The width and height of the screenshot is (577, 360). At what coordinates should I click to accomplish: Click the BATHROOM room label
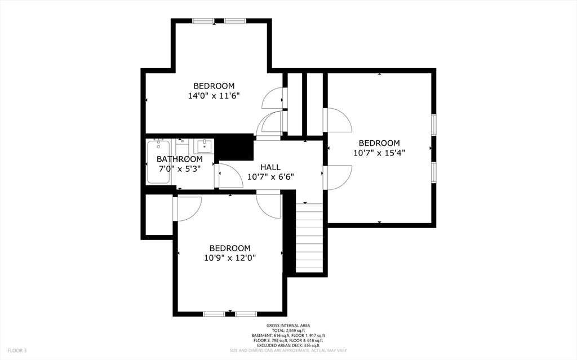pyautogui.click(x=180, y=159)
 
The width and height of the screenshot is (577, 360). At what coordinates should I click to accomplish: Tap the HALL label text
pyautogui.click(x=270, y=167)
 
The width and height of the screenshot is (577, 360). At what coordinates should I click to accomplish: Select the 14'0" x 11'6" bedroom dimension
pyautogui.click(x=214, y=96)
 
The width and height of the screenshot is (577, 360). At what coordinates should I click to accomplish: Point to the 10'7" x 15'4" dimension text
pyautogui.click(x=379, y=153)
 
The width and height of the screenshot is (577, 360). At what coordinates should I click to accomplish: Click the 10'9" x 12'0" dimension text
pyautogui.click(x=230, y=257)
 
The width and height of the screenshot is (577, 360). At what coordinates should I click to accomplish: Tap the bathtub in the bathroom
pyautogui.click(x=158, y=162)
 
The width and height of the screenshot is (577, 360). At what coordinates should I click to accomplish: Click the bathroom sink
pyautogui.click(x=204, y=146)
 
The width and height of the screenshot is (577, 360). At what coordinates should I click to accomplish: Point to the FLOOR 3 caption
pyautogui.click(x=17, y=350)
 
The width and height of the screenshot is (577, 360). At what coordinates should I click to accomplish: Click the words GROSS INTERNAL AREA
pyautogui.click(x=288, y=326)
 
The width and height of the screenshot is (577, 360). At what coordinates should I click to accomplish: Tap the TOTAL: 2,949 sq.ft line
pyautogui.click(x=288, y=331)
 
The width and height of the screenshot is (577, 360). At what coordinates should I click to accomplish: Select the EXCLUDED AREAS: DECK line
pyautogui.click(x=288, y=346)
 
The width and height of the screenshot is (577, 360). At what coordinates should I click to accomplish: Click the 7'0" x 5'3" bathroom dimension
pyautogui.click(x=180, y=169)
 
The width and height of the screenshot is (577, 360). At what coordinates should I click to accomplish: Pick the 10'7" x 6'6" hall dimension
pyautogui.click(x=270, y=177)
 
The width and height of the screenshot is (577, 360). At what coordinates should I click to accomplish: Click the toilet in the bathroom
pyautogui.click(x=181, y=146)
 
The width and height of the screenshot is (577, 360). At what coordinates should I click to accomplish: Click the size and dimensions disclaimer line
pyautogui.click(x=288, y=350)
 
